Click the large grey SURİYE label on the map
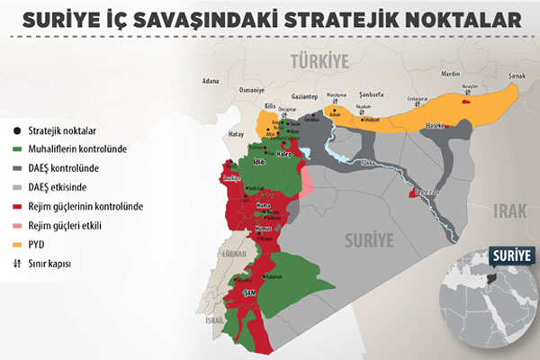tap(370, 239)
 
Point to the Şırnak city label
tap(516, 78)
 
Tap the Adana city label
tap(211, 80)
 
